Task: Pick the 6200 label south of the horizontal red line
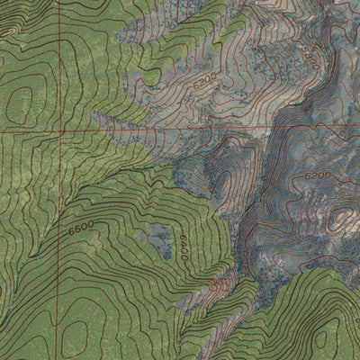click(317, 175)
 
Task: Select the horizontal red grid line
click(180, 129)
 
